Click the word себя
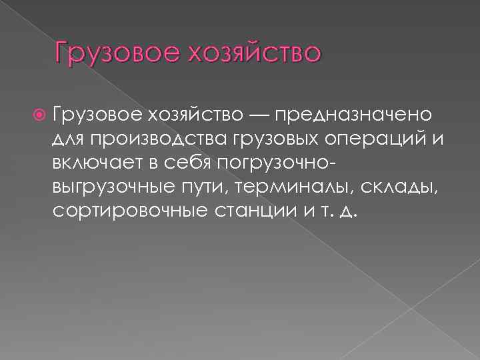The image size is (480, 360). tap(188, 163)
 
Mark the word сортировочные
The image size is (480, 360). tap(127, 211)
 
